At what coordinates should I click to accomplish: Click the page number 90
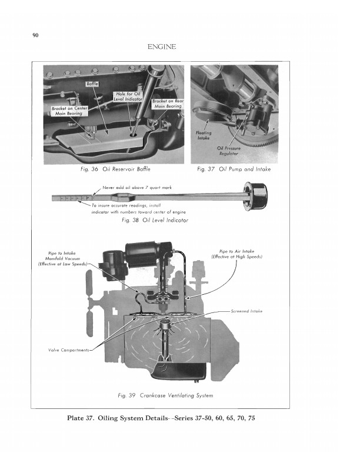(x=35, y=35)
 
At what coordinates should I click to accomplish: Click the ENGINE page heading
(x=162, y=46)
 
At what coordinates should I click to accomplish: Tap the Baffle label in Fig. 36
(x=92, y=84)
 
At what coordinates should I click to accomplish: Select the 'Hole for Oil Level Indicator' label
(x=128, y=96)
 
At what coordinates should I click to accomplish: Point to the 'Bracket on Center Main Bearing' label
(x=69, y=111)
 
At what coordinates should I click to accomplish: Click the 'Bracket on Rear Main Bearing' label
(x=168, y=104)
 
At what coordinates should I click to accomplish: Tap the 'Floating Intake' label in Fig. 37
(x=204, y=135)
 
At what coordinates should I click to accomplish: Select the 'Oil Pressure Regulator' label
(x=229, y=151)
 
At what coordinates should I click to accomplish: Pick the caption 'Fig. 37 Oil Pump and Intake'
(x=234, y=169)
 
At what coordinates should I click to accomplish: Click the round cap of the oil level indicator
(x=255, y=196)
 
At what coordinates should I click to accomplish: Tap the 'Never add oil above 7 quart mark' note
(x=137, y=188)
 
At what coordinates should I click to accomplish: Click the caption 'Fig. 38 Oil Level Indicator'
(x=155, y=220)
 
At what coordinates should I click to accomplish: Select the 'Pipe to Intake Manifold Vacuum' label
(x=62, y=258)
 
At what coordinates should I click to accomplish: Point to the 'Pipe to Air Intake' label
(x=236, y=254)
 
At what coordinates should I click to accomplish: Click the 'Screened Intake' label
(x=246, y=311)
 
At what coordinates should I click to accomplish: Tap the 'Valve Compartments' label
(x=69, y=350)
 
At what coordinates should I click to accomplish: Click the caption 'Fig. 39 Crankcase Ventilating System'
(x=165, y=395)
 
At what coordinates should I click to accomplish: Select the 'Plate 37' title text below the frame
(x=161, y=418)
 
